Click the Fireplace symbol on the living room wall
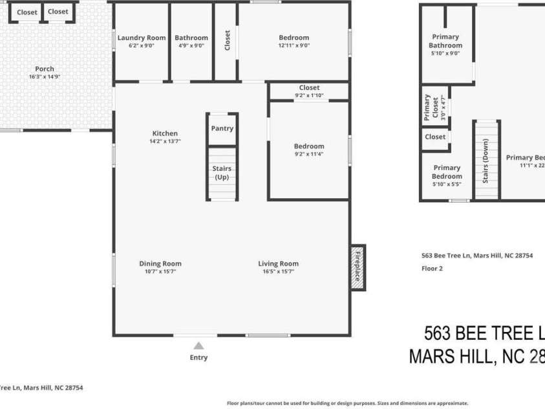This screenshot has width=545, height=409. [x=358, y=267]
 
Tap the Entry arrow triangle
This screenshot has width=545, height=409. [x=198, y=346]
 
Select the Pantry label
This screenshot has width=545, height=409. [x=222, y=128]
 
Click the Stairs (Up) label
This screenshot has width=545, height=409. [x=222, y=173]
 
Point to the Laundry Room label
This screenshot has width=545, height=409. [x=142, y=38]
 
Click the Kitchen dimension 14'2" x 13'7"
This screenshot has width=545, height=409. [x=165, y=141]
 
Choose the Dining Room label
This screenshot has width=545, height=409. [x=160, y=263]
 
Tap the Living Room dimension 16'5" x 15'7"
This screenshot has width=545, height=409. [x=278, y=272]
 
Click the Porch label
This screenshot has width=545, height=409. [x=45, y=69]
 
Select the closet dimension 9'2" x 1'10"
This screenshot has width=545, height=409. [x=309, y=96]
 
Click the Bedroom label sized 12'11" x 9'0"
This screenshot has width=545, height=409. [x=294, y=38]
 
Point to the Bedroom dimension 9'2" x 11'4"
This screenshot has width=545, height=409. [x=309, y=154]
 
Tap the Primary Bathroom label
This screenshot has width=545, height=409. [x=445, y=41]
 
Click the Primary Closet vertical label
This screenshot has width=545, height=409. [x=427, y=108]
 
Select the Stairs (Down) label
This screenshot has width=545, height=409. [x=486, y=160]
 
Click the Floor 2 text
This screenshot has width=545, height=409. [x=432, y=268]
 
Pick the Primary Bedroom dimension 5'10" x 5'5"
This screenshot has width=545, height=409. [x=447, y=184]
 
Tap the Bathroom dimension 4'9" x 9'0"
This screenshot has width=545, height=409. [x=191, y=45]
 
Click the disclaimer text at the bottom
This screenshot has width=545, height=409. [x=347, y=403]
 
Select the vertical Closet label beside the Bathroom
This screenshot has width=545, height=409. [x=227, y=40]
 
